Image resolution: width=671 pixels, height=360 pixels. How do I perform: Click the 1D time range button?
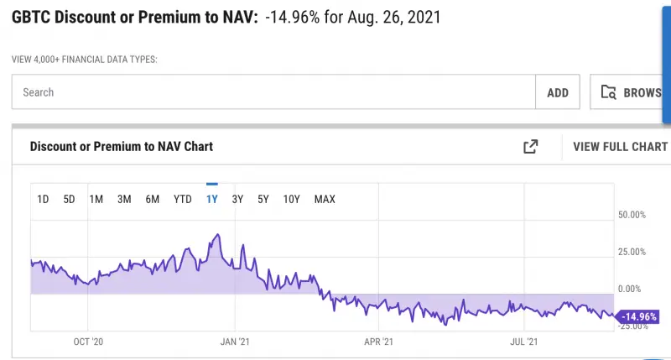44,199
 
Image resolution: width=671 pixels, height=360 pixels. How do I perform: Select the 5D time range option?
70,199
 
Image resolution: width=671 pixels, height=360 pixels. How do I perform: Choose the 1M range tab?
96,199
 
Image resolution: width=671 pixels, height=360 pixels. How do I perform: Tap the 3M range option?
124,199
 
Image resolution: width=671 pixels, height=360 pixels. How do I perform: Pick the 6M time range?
153,199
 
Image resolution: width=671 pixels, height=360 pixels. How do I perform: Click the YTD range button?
182,199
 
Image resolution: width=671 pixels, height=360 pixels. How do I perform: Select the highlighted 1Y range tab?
211,199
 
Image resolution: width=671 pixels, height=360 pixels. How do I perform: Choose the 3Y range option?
237,199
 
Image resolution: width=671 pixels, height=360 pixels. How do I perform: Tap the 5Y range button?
263,199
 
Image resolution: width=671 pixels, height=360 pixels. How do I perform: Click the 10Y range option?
292,199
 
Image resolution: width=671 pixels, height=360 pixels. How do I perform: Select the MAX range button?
325,199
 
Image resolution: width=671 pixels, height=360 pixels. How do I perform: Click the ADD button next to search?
558,92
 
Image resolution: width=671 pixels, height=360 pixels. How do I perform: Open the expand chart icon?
530,147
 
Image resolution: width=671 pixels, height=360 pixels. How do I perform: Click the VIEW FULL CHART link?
620,147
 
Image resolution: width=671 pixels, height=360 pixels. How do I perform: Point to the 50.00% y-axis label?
632,215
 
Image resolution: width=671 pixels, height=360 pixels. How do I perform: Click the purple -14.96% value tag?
639,317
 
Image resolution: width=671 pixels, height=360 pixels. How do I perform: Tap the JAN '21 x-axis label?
235,342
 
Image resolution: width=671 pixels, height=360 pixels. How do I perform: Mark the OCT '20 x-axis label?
89,342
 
